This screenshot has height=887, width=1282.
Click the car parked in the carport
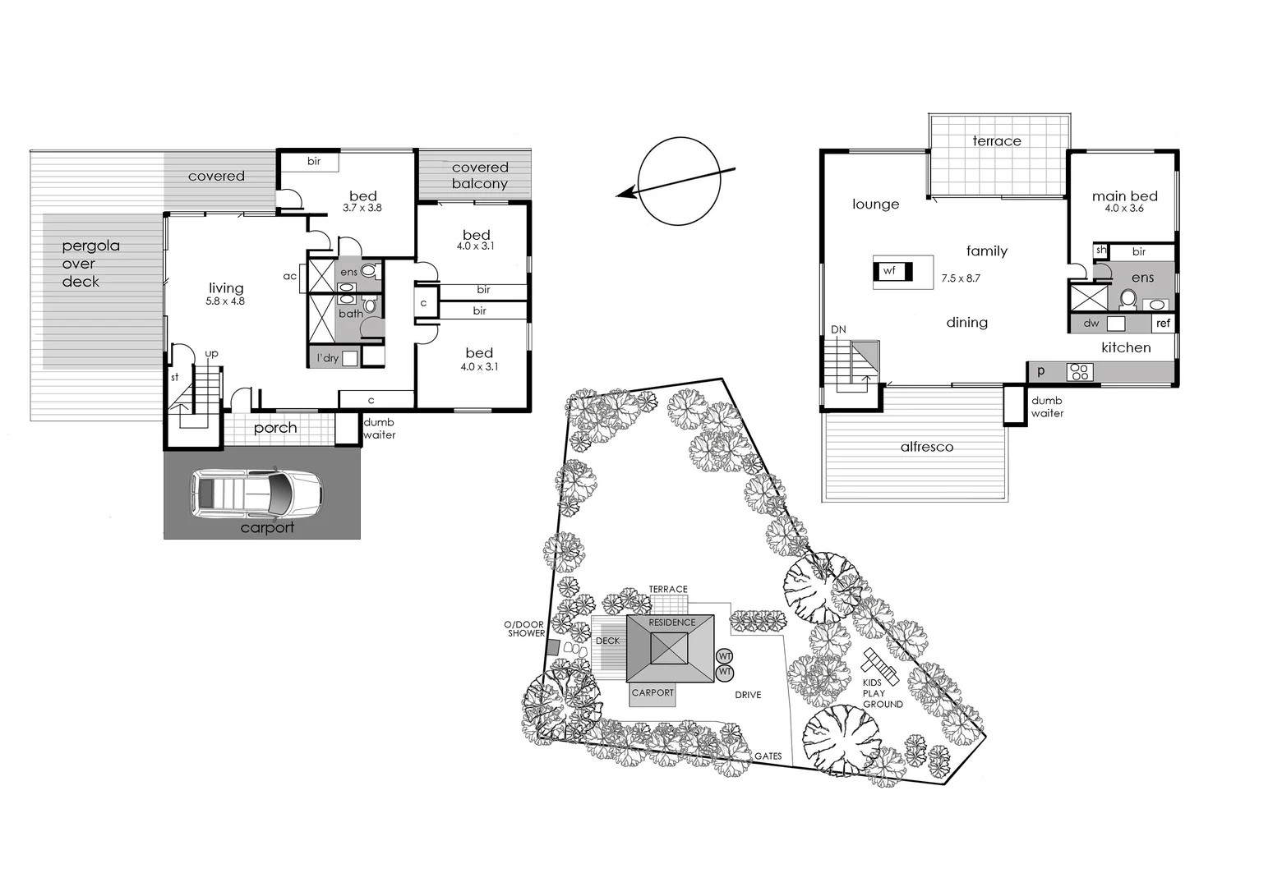(x=256, y=493)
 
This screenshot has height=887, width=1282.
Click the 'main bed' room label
(x=1124, y=196)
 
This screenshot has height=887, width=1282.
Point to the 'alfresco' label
(x=926, y=447)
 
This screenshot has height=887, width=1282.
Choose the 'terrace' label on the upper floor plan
(x=996, y=141)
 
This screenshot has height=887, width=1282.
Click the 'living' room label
(x=226, y=288)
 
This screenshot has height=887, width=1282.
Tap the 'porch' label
(x=275, y=428)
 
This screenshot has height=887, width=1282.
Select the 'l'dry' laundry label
(x=328, y=358)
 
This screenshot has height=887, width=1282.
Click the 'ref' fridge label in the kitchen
(x=1163, y=324)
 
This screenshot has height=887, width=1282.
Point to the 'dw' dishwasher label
(x=1091, y=324)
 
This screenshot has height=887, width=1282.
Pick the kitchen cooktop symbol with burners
(x=1079, y=372)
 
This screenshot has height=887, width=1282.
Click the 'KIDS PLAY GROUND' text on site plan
(x=882, y=693)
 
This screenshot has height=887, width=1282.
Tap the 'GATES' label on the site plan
(x=768, y=756)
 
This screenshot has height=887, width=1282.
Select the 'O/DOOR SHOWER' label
(x=526, y=629)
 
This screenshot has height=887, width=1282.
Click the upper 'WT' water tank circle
(x=724, y=656)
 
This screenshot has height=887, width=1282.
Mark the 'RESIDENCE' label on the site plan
(x=672, y=623)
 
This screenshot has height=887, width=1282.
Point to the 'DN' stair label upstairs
(x=838, y=330)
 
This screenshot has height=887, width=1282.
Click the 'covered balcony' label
(x=480, y=176)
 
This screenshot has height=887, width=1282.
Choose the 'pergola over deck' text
(x=90, y=264)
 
